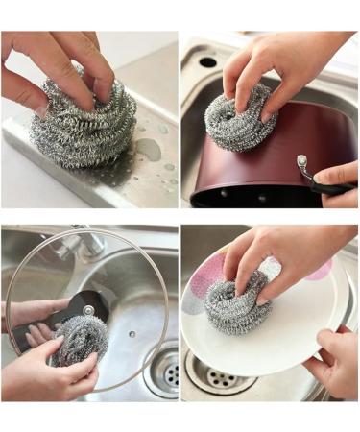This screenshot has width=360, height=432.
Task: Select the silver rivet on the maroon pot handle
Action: click(301, 161)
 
